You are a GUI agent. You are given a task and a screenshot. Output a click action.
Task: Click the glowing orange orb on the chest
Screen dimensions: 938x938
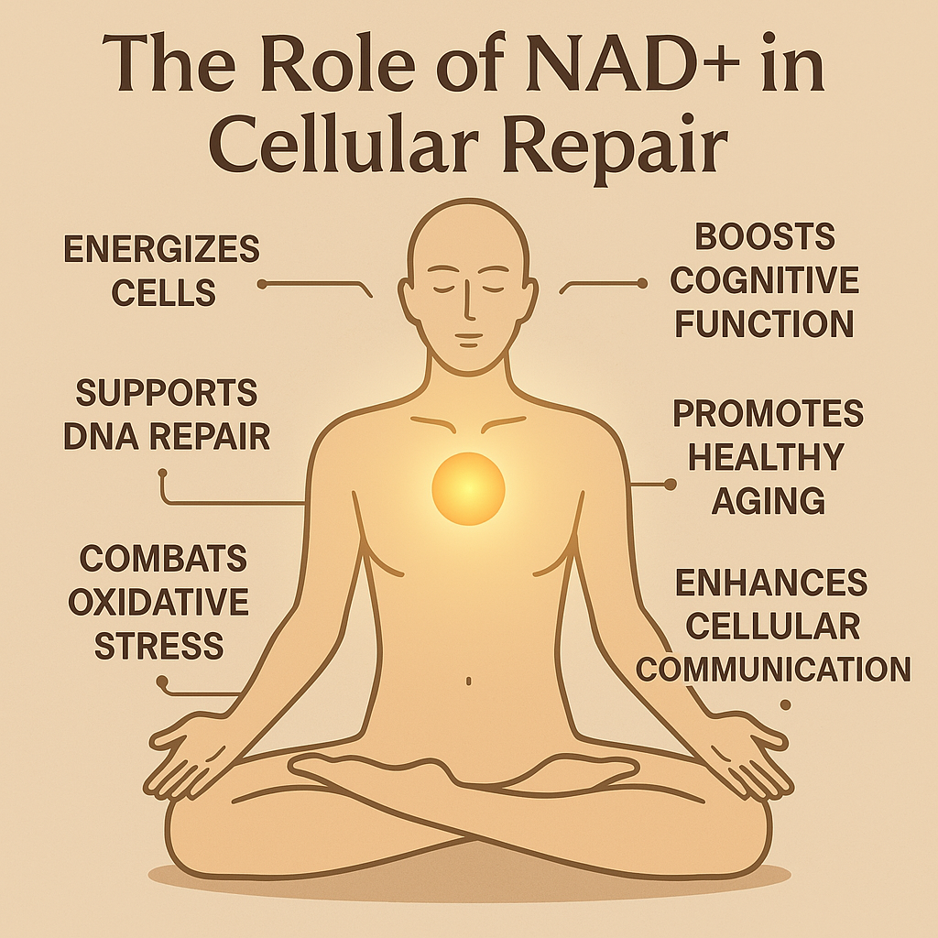(468, 488)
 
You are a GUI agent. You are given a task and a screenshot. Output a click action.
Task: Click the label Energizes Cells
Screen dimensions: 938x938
(161, 270)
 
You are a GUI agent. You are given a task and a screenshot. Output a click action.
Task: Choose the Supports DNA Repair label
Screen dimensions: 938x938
(167, 415)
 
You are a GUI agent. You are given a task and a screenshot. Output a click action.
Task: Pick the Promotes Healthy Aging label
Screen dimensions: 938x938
(768, 456)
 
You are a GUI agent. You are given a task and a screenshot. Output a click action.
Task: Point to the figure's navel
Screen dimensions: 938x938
(469, 682)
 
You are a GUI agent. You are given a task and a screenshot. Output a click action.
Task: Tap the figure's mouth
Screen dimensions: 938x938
(467, 335)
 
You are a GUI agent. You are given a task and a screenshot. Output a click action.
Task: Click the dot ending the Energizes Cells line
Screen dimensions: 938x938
(261, 285)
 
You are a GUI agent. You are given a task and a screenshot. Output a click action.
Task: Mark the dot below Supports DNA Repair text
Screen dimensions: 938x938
(163, 474)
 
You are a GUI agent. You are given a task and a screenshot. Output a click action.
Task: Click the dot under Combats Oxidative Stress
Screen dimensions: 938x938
(162, 682)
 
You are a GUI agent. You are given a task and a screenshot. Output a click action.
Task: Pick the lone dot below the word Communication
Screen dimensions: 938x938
(784, 704)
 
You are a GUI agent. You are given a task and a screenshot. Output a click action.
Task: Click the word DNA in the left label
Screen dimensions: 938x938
(100, 436)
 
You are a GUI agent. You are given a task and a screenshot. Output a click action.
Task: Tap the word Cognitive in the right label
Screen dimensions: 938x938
(764, 279)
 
